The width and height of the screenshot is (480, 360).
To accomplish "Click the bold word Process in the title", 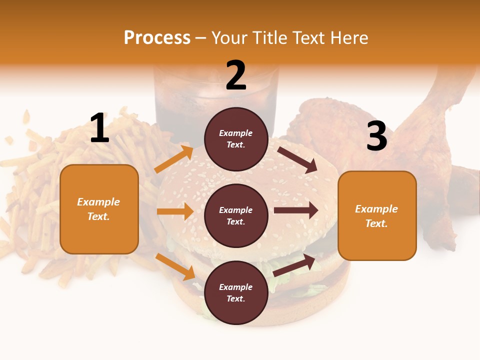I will (x=157, y=37).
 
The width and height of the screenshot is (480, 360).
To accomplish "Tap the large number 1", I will (x=99, y=128).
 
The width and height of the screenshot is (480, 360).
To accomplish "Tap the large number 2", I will (x=236, y=76).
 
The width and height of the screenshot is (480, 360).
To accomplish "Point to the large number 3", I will (x=376, y=136).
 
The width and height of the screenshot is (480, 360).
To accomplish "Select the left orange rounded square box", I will (x=99, y=230).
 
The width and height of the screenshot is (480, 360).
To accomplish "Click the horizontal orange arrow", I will (x=175, y=211).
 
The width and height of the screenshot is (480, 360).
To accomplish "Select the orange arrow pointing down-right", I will (x=175, y=266).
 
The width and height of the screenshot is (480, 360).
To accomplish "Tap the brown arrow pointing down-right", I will (x=298, y=159).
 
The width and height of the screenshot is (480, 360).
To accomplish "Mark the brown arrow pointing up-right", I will (x=294, y=265).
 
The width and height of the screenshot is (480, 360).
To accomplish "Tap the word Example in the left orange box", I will (x=98, y=202).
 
